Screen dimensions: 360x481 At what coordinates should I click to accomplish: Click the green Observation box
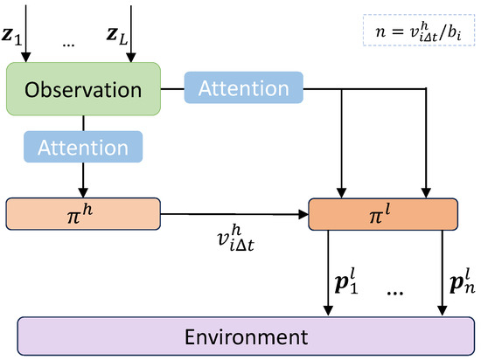[x=82, y=89]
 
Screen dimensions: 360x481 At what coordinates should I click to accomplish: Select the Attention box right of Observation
[x=242, y=88]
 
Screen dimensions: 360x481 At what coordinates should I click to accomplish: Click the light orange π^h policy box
[x=83, y=212]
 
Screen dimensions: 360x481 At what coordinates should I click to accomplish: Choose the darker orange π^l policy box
[x=384, y=212]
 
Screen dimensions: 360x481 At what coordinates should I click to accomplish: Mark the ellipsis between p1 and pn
[x=395, y=294]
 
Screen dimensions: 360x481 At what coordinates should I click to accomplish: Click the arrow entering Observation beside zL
[x=130, y=35]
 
